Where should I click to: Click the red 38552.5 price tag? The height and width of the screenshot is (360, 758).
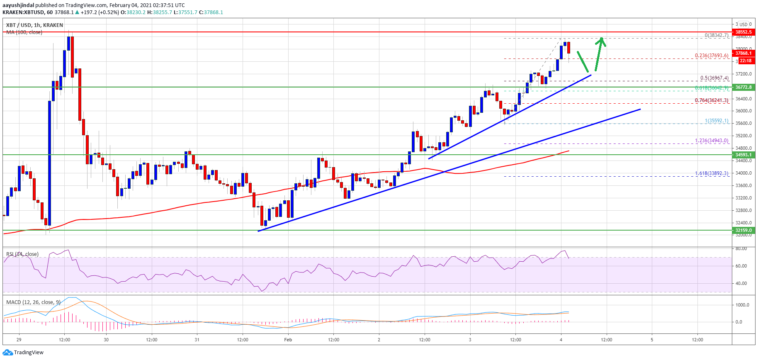743,32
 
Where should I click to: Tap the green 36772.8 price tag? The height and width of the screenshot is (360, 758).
743,87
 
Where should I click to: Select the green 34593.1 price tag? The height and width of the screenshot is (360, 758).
743,155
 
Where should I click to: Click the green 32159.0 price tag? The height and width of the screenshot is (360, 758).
743,230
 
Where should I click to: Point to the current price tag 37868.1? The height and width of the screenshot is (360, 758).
743,53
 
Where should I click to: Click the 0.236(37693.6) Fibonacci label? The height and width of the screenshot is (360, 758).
712,56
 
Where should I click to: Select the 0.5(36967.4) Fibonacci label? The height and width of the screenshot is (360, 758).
714,78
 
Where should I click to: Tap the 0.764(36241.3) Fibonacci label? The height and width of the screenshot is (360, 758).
712,100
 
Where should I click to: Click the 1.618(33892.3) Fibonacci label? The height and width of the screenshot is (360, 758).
712,173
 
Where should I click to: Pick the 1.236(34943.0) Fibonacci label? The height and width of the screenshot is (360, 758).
712,141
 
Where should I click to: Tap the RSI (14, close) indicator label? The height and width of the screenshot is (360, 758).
22,254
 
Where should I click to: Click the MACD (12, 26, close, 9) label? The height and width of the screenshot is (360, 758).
33,302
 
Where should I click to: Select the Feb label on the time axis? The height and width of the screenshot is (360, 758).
288,340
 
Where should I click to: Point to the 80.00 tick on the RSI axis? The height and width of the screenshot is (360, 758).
741,248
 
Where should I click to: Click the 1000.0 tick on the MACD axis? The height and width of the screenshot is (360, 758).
742,305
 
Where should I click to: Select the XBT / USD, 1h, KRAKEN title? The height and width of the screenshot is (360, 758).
34,25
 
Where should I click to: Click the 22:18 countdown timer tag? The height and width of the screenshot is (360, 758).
745,61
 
